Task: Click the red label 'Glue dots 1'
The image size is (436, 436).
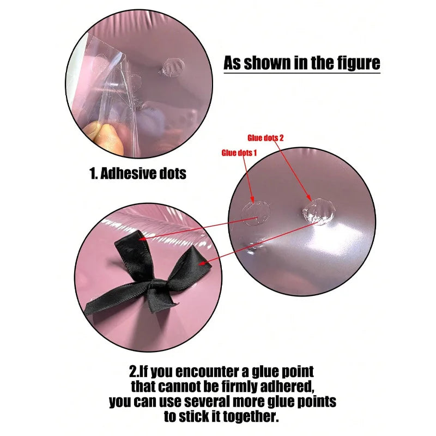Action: [239, 153]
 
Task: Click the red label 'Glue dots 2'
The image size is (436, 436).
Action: [265, 138]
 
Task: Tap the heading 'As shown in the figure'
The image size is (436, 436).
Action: [302, 63]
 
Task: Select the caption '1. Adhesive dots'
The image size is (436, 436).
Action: [138, 173]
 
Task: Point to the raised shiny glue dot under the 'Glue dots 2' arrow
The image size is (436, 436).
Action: [319, 211]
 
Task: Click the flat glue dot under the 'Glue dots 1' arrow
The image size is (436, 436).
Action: [256, 214]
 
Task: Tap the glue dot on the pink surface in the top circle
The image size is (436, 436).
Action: [172, 67]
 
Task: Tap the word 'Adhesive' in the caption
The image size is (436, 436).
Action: [125, 173]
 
